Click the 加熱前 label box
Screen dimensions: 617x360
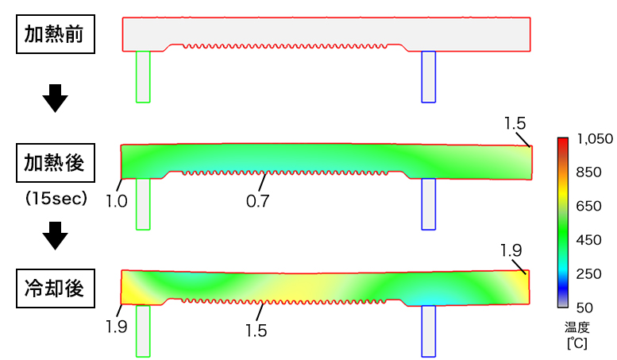[56, 34]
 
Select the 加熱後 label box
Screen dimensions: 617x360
[56, 163]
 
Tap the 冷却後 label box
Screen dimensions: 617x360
[56, 288]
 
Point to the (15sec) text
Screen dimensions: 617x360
[56, 199]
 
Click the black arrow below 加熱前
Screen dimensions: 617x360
[55, 98]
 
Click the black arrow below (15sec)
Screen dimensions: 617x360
[55, 235]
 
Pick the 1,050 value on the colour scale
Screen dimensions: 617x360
[595, 138]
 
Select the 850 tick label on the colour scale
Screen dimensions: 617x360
[588, 172]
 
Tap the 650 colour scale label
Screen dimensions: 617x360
[588, 206]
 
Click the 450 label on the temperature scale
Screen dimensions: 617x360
[588, 240]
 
